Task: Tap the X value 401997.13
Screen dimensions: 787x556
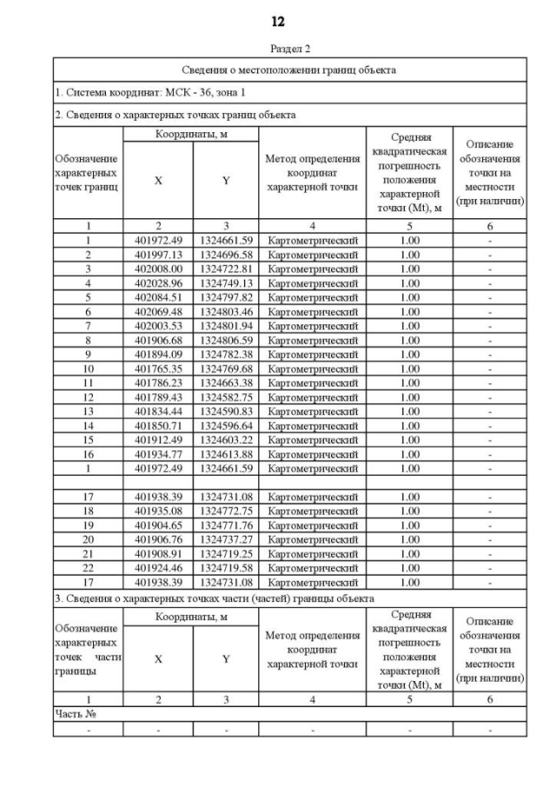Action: point(157,255)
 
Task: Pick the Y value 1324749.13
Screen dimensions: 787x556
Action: point(225,283)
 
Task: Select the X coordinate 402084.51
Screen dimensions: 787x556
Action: point(157,297)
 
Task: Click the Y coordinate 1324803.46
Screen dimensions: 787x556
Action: point(225,311)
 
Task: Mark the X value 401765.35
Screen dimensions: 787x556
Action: point(157,368)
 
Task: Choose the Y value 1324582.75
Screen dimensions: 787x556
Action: point(225,397)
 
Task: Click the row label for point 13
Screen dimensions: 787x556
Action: point(88,410)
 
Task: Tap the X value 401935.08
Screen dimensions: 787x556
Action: point(157,510)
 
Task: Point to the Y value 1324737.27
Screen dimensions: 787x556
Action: point(225,537)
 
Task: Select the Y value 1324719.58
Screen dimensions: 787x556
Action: point(225,566)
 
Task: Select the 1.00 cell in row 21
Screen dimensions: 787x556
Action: point(409,552)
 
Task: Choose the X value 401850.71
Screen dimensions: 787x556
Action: point(157,424)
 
